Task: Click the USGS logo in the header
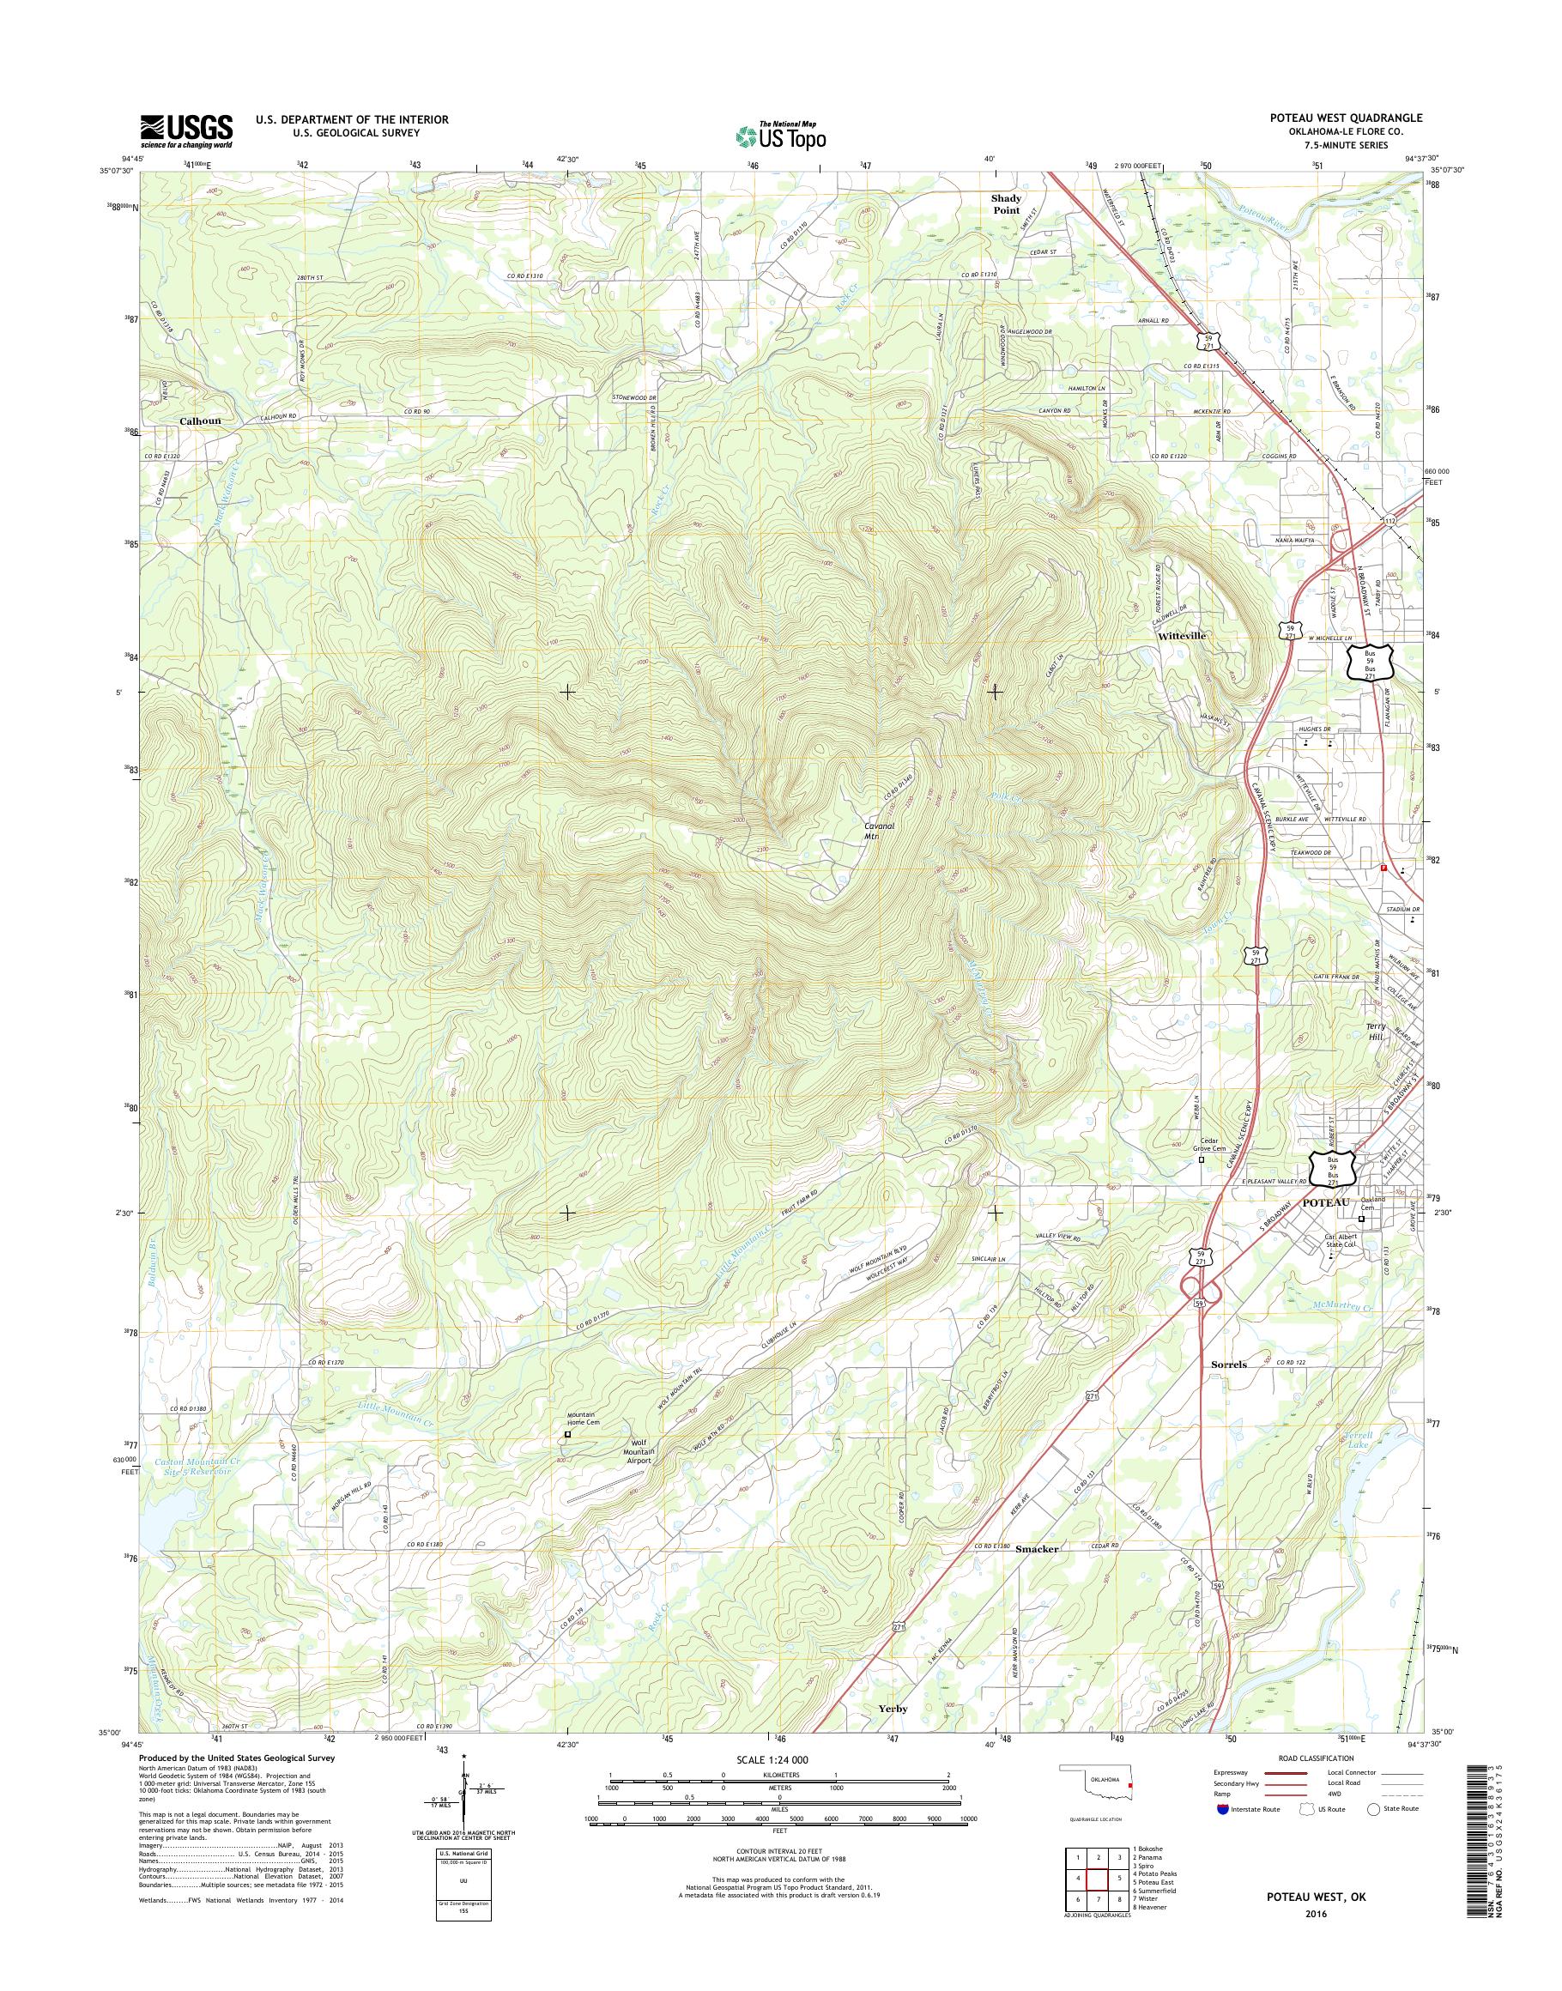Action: coord(185,130)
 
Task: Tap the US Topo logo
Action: coord(780,136)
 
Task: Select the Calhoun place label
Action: coord(200,421)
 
